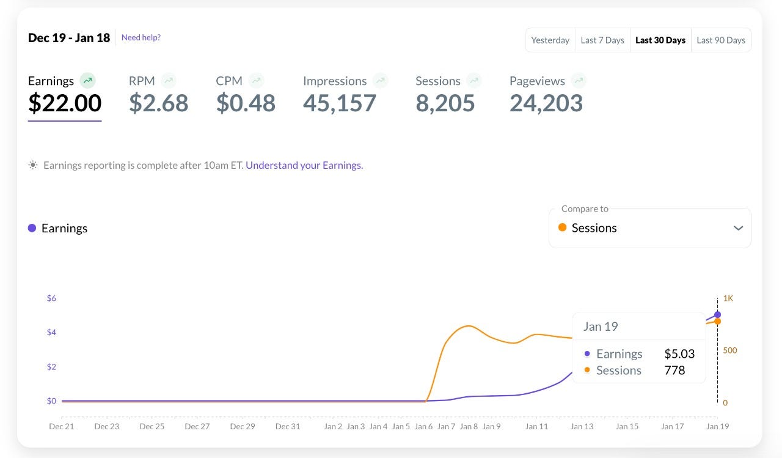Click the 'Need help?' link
tap(141, 37)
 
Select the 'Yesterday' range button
tap(550, 40)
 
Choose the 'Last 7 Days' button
tap(602, 40)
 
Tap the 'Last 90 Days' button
tap(721, 40)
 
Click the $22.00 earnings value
tap(65, 103)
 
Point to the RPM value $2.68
tap(159, 103)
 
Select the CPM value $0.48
tap(246, 103)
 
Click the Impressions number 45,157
tap(340, 103)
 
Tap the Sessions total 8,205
tap(445, 103)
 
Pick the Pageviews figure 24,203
tap(546, 103)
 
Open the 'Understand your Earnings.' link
tap(304, 165)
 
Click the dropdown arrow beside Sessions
tap(738, 228)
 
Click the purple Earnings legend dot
tap(32, 228)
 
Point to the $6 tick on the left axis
tap(51, 298)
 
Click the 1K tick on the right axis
tap(728, 298)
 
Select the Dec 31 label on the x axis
tap(288, 426)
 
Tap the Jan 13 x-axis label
tap(582, 426)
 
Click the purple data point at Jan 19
tap(717, 315)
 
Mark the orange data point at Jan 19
tap(717, 322)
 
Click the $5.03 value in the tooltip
tap(679, 354)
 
